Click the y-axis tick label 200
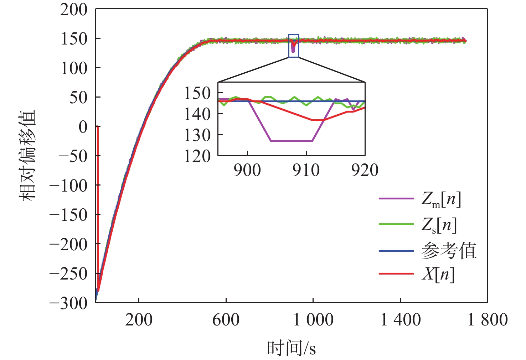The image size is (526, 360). coord(74,10)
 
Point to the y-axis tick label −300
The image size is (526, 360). coord(68,303)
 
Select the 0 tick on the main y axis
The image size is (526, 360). coord(83,127)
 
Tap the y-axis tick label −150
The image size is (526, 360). coord(68,215)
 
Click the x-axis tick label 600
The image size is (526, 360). coord(226,320)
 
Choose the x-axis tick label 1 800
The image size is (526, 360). coord(487,320)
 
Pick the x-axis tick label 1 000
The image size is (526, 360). coord(313,320)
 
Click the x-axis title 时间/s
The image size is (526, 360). coord(291,348)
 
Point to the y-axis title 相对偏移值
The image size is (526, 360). coord(27,156)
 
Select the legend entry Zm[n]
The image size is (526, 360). coord(441,199)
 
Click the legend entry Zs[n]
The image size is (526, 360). coord(439,225)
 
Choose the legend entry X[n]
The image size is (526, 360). coord(438,274)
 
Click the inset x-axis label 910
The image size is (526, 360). coord(306,170)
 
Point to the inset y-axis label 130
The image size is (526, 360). coord(197,135)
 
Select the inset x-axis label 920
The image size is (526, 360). coord(365,170)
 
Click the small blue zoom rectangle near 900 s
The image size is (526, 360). coord(294,46)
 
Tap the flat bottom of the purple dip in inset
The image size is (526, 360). coord(292,141)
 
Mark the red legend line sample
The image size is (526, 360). coord(396,274)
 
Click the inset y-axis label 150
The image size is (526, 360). coord(197,94)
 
